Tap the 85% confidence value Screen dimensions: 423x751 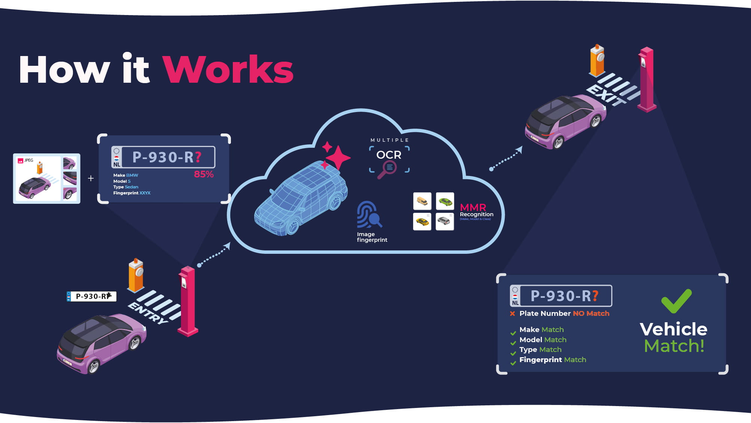click(x=204, y=174)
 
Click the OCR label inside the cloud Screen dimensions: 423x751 click(x=389, y=155)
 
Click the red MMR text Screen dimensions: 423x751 click(x=473, y=207)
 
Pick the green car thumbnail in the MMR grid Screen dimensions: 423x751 click(x=445, y=202)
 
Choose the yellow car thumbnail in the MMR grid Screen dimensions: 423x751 click(x=422, y=222)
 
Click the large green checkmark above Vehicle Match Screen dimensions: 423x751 click(x=676, y=300)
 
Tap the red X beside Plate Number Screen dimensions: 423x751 click(x=512, y=314)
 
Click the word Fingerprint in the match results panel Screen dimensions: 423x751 click(x=540, y=360)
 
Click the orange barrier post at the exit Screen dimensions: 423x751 click(x=597, y=60)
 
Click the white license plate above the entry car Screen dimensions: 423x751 click(x=92, y=296)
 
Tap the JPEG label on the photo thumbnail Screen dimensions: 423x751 click(x=29, y=161)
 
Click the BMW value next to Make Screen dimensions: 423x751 click(x=132, y=175)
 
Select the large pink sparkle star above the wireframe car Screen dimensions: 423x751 click(x=338, y=157)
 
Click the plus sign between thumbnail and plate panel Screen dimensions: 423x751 click(x=90, y=178)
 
